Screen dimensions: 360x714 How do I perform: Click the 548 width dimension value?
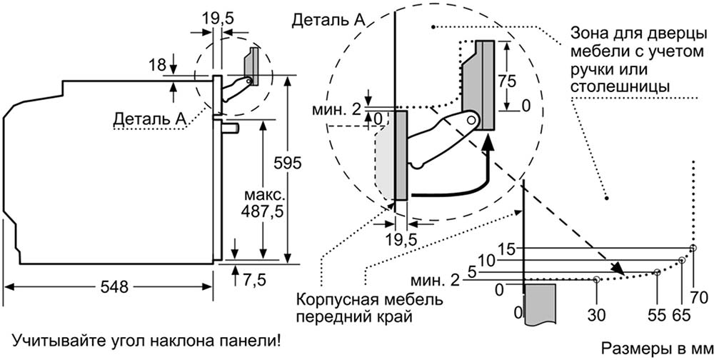coord(110,288)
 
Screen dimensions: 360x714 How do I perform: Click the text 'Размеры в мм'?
coord(652,348)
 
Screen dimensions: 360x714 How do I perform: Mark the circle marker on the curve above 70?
coord(693,247)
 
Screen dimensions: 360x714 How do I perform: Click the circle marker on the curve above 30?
coord(596,279)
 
